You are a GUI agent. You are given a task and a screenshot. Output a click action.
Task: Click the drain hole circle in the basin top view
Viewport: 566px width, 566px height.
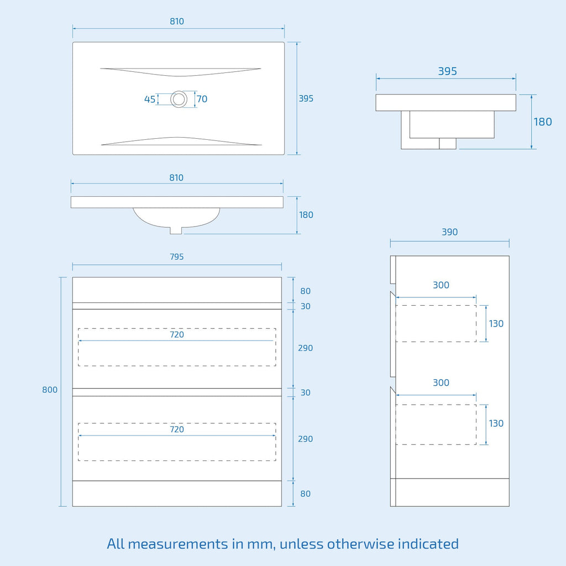point(179,91)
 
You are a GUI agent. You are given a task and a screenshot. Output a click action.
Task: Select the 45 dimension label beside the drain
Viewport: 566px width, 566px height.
point(150,99)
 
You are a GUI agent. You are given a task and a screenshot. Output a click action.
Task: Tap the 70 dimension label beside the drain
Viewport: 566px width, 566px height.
point(202,99)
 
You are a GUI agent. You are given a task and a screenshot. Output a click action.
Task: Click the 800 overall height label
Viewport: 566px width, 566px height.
point(50,390)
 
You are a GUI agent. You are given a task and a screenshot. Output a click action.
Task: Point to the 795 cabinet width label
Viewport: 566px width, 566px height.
point(177,256)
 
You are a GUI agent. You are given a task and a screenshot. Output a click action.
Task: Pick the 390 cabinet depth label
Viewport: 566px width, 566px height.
point(450,232)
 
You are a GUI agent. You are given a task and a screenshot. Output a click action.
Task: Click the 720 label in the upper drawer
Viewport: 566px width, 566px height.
point(177,334)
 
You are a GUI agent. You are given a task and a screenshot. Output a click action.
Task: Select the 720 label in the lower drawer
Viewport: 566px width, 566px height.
point(177,429)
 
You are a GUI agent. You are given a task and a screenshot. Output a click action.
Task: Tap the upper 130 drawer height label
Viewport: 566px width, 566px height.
point(496,324)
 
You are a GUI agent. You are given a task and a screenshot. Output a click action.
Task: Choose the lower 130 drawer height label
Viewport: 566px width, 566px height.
point(496,423)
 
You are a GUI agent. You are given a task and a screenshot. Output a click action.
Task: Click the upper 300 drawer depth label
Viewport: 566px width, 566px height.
point(441,285)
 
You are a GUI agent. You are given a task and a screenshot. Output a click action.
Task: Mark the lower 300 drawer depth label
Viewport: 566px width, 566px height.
point(441,382)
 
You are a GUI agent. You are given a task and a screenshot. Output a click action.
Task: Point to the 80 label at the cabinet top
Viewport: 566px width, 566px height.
point(305,291)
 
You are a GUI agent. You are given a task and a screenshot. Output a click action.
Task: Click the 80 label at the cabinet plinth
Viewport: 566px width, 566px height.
point(305,494)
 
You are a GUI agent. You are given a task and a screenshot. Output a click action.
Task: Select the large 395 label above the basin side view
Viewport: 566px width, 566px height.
point(448,71)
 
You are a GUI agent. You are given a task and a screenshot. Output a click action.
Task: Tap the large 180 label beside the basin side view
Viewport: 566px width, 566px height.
point(543,122)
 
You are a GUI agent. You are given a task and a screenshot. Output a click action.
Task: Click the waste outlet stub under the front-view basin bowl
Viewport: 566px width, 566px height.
point(176,230)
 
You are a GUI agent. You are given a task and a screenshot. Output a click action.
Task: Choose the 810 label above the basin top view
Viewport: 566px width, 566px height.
point(177,22)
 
